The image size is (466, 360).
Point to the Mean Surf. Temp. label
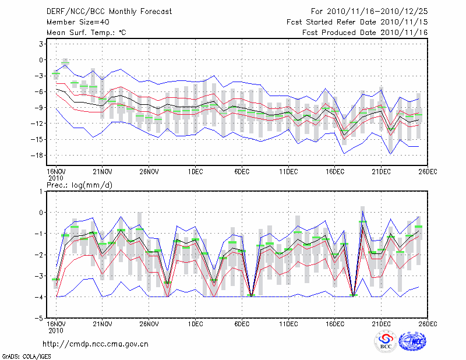pos(86,33)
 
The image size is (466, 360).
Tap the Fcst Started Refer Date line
pos(357,22)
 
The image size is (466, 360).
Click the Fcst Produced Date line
pos(365,33)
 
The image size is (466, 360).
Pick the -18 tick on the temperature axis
pos(40,155)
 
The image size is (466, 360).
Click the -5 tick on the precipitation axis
pos(40,319)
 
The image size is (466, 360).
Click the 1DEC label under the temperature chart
pos(195,171)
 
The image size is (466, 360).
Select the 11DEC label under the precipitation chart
pos(288,323)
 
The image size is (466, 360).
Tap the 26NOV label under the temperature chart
pos(149,171)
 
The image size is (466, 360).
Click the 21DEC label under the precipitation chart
pos(382,323)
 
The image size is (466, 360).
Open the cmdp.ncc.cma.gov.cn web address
pos(96,344)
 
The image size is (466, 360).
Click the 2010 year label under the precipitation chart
pos(55,330)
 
